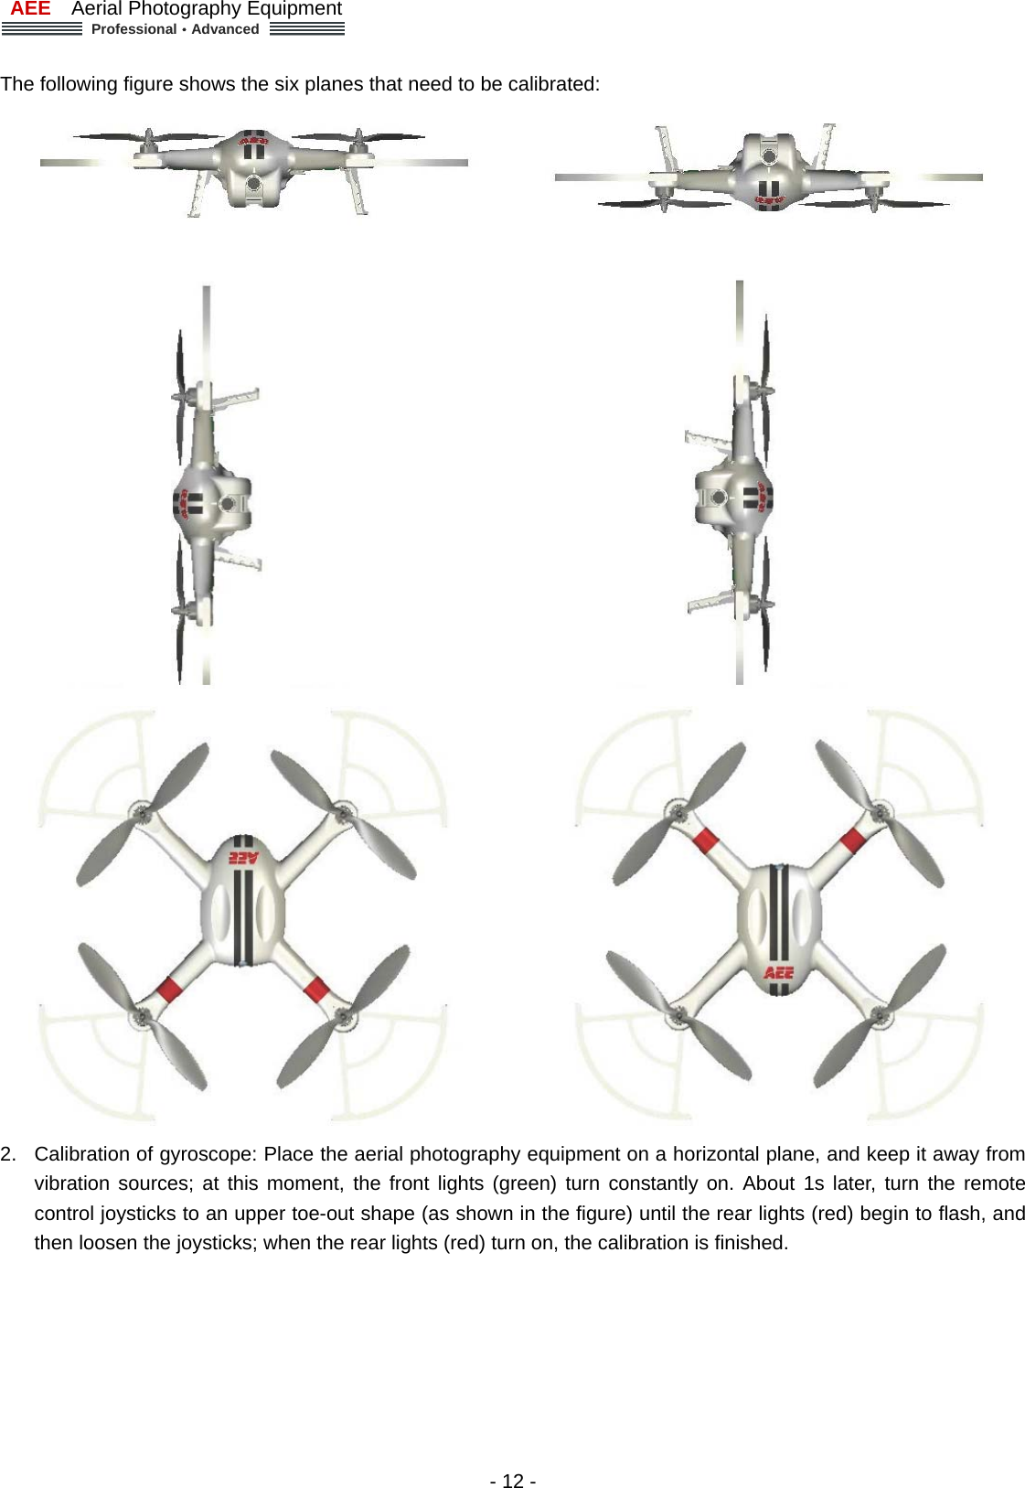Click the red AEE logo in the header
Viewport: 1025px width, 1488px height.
[x=30, y=9]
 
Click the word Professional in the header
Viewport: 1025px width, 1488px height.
[x=133, y=29]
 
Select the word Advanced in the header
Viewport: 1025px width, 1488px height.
[x=225, y=29]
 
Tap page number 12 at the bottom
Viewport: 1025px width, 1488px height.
[x=513, y=1481]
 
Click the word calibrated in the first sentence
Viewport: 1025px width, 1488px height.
[x=551, y=84]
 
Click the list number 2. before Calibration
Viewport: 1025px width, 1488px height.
[x=8, y=1154]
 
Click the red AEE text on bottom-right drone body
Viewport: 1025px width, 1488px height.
[x=779, y=972]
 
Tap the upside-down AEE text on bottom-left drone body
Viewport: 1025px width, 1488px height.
[x=243, y=858]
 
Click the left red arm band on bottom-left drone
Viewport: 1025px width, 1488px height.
[x=169, y=989]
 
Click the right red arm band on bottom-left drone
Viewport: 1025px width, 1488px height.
[x=316, y=990]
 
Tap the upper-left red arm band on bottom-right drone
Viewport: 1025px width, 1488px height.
[x=706, y=840]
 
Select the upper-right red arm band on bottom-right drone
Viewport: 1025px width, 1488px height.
[x=852, y=840]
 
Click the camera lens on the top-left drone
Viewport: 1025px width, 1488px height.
[x=254, y=184]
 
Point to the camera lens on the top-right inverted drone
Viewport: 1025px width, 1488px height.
[x=769, y=157]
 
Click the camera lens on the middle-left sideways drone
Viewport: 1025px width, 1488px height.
[x=228, y=504]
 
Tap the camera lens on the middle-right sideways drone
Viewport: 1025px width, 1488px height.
[x=719, y=498]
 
